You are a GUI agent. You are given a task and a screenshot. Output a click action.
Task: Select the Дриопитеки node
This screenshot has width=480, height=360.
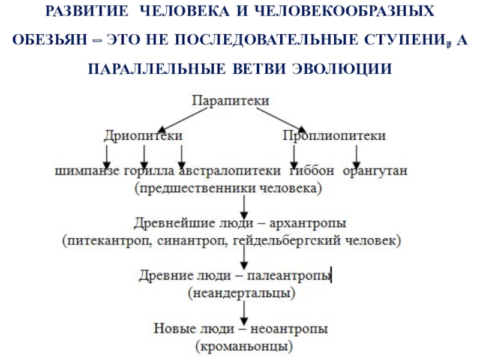[x=143, y=137]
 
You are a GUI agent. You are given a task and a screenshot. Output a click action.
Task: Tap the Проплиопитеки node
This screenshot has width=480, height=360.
[x=334, y=137]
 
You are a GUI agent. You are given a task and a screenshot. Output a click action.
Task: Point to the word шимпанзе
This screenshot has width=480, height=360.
[x=88, y=172]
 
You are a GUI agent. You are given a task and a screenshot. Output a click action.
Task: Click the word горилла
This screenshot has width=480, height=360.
[x=148, y=172]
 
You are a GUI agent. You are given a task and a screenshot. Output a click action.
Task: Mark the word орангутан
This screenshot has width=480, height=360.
[x=376, y=172]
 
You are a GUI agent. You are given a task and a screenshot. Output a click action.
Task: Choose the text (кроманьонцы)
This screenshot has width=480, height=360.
[x=244, y=346]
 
